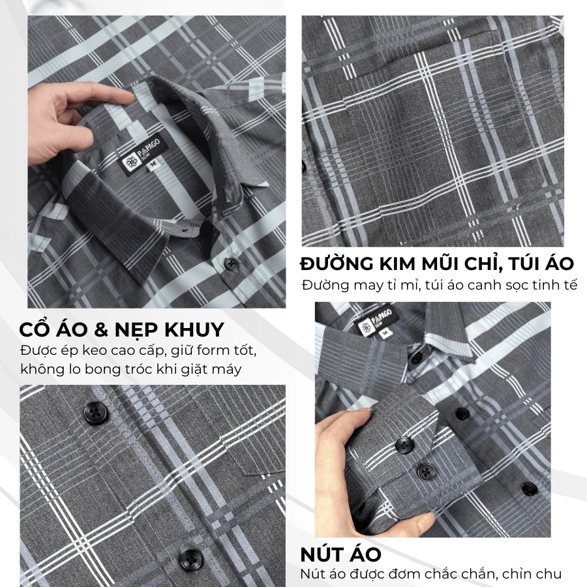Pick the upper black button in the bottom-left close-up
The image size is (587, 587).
pyautogui.click(x=95, y=413)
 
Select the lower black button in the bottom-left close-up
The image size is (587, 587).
pyautogui.click(x=191, y=560)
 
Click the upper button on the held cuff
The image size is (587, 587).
pyautogui.click(x=404, y=445)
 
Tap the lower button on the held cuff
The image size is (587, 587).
pyautogui.click(x=426, y=472)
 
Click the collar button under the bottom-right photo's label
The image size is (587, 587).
pyautogui.click(x=416, y=358)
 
